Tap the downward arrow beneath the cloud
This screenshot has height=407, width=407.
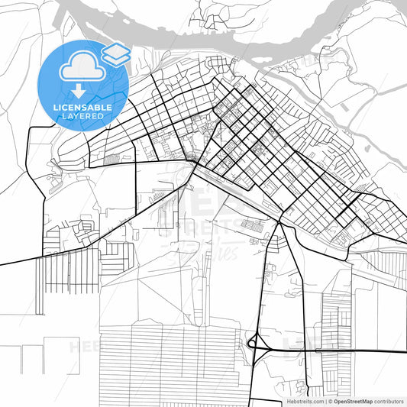tap(80, 91)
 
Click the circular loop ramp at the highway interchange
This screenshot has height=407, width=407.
tap(251, 345)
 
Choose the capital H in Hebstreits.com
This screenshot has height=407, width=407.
tap(287, 401)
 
